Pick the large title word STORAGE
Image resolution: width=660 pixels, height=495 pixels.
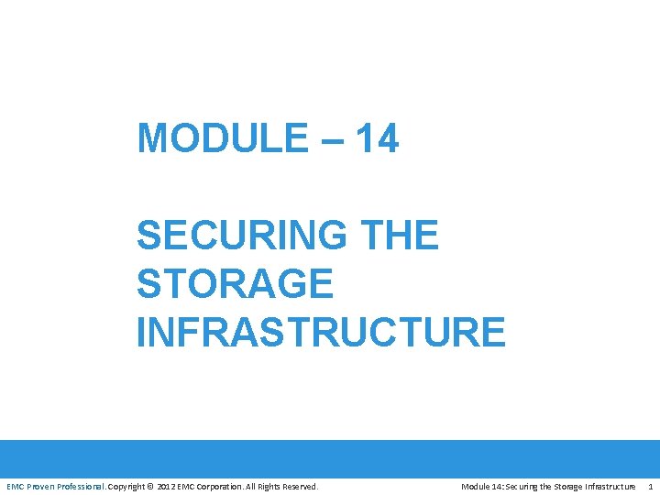[234, 284]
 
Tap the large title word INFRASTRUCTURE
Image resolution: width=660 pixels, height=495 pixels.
[321, 332]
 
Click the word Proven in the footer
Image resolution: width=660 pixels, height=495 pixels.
[42, 486]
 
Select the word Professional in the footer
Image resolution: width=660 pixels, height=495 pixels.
[83, 486]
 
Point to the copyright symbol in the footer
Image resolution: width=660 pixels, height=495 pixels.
[152, 486]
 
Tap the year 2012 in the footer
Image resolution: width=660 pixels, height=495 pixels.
[166, 486]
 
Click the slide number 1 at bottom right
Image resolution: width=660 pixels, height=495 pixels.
[650, 486]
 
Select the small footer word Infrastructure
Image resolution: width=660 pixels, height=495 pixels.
[606, 486]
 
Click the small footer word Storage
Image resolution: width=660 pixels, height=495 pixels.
[562, 486]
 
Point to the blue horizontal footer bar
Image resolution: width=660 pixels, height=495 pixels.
[330, 458]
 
